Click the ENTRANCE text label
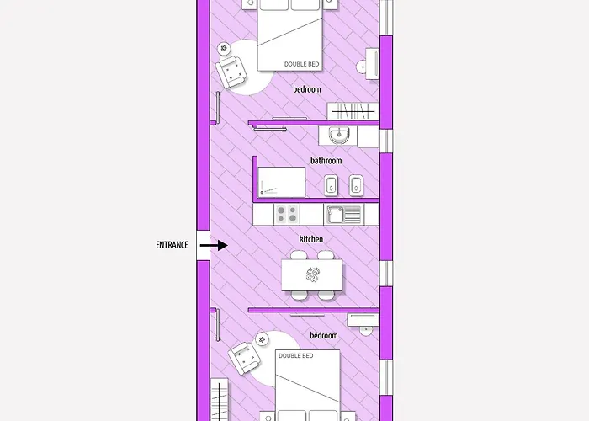pos(172,245)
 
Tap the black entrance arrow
pos(214,246)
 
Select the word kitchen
pos(311,239)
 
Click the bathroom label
pos(326,161)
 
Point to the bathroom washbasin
pos(340,135)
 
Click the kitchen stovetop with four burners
pos(287,214)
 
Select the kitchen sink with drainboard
pos(343,214)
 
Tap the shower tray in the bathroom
pos(282,182)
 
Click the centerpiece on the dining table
pos(312,274)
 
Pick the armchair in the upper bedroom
pos(231,72)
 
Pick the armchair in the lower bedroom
pos(244,358)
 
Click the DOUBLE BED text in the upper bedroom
pos(301,64)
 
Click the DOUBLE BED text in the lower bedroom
pos(295,355)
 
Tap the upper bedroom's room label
pos(307,89)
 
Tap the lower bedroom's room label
pos(323,335)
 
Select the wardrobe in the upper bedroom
pos(353,111)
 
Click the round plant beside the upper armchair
pos(224,48)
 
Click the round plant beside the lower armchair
pos(262,339)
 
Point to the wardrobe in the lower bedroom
pos(220,400)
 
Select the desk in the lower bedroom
pos(363,320)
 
